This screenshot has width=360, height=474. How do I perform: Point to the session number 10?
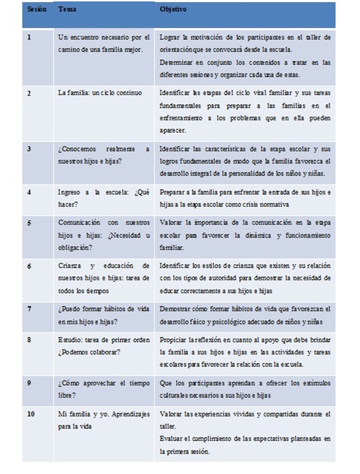pyautogui.click(x=31, y=415)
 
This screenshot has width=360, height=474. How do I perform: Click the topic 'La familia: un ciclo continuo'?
pyautogui.click(x=100, y=92)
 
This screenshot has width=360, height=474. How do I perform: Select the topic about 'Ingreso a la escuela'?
pyautogui.click(x=103, y=196)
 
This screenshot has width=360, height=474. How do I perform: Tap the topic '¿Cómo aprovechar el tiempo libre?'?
pyautogui.click(x=103, y=388)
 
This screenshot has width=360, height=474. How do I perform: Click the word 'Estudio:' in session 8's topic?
pyautogui.click(x=71, y=340)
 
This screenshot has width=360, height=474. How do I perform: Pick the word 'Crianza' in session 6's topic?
pyautogui.click(x=71, y=266)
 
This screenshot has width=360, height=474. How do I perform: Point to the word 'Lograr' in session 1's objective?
pyautogui.click(x=170, y=37)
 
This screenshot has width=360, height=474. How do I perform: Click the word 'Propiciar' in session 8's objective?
pyautogui.click(x=175, y=340)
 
